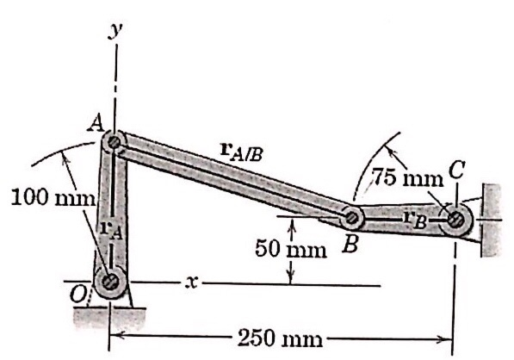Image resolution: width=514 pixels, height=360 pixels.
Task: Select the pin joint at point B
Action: [353, 217]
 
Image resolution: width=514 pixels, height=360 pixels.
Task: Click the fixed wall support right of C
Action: [491, 220]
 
